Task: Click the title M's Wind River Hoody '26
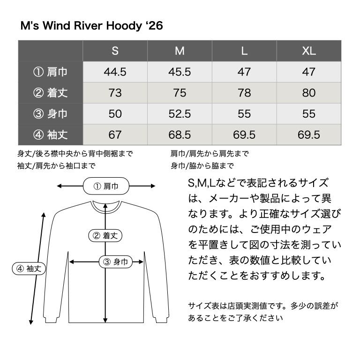91,26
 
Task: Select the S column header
115,51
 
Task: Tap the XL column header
309,51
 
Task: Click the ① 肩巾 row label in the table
51,72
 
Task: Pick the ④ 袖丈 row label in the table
51,135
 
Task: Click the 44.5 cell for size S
115,72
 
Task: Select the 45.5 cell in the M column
180,72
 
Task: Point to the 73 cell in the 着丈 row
115,93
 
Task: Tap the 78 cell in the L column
244,93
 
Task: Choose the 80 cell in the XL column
309,93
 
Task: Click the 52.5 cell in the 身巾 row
180,114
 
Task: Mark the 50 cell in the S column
115,114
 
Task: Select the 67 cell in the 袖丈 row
115,135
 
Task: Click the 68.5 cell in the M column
180,135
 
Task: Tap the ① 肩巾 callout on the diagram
105,186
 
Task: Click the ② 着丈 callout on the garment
105,236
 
